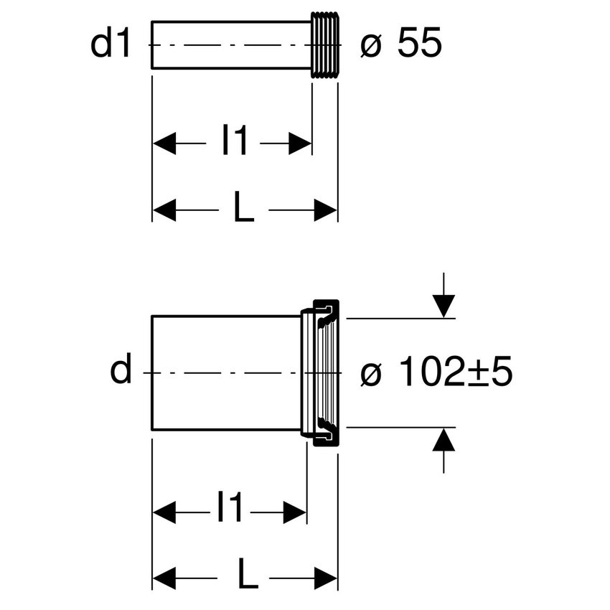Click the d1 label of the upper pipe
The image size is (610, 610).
click(x=111, y=44)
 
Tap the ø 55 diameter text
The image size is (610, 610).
click(x=401, y=45)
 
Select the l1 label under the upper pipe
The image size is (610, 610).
click(x=234, y=142)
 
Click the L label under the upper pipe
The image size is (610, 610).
click(x=243, y=210)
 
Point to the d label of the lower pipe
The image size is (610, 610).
click(x=121, y=372)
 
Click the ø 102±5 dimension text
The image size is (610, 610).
click(x=436, y=373)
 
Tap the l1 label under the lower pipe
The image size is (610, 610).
click(x=230, y=511)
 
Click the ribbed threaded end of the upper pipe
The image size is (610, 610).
click(x=324, y=44)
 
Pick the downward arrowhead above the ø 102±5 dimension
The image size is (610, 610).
click(x=444, y=306)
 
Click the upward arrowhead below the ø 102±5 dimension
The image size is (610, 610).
click(x=444, y=438)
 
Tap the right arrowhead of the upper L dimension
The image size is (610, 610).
click(x=326, y=210)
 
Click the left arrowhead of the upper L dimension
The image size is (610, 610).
click(x=164, y=210)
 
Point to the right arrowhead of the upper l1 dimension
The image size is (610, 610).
click(x=301, y=143)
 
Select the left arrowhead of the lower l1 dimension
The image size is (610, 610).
click(x=164, y=512)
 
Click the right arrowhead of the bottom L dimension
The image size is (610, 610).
click(x=327, y=578)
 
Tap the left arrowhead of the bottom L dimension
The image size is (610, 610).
click(x=164, y=578)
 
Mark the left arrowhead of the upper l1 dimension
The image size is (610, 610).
click(x=164, y=143)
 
